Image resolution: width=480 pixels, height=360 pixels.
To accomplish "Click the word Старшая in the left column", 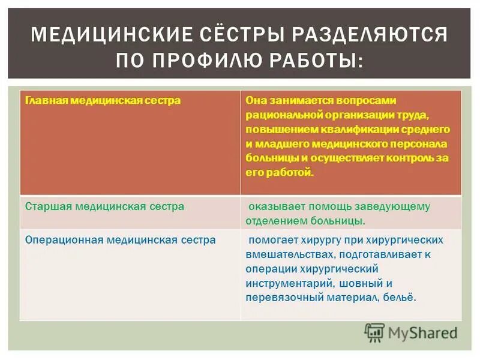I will [49, 206].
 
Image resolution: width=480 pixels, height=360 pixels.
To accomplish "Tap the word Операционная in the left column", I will [64, 239].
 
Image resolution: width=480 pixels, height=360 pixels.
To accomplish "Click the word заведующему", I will [400, 206].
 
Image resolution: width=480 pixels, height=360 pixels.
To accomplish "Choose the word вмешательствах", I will [287, 254].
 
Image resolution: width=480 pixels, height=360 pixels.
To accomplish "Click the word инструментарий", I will [285, 283].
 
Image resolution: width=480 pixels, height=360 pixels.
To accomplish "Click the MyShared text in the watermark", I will [422, 332].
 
